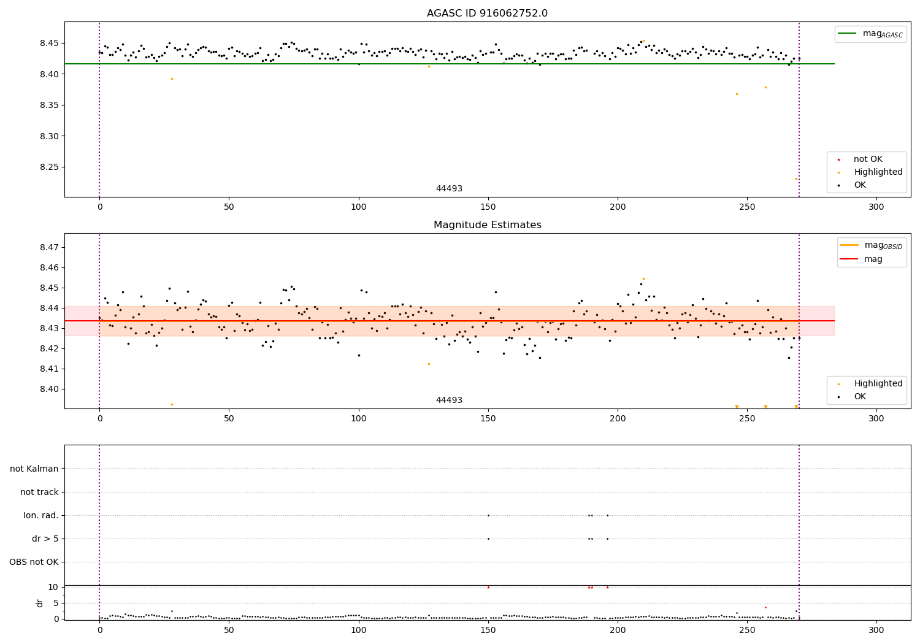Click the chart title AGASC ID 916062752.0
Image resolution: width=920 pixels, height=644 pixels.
487,13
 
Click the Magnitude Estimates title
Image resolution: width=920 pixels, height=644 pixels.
488,224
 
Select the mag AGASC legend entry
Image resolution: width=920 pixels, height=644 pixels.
871,34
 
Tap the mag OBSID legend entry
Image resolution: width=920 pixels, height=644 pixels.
872,245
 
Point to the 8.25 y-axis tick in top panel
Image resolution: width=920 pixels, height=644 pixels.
48,167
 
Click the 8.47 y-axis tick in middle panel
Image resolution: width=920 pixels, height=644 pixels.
48,247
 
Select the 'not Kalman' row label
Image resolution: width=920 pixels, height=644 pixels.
34,469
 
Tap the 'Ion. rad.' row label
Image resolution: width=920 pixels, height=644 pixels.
40,515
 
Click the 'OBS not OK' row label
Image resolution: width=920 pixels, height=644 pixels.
34,562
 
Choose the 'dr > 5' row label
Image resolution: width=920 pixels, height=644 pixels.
45,539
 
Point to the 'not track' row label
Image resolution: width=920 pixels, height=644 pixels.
39,492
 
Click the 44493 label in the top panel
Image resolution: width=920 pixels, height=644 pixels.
449,188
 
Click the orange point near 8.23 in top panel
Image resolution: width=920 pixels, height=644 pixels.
796,178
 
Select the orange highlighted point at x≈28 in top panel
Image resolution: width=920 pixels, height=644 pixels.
172,79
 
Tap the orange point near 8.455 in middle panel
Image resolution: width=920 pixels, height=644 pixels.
643,279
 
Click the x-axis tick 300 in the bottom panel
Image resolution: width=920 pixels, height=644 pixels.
876,630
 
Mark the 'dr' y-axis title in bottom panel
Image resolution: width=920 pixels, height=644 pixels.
39,604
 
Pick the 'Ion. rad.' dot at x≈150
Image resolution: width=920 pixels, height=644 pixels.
488,515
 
